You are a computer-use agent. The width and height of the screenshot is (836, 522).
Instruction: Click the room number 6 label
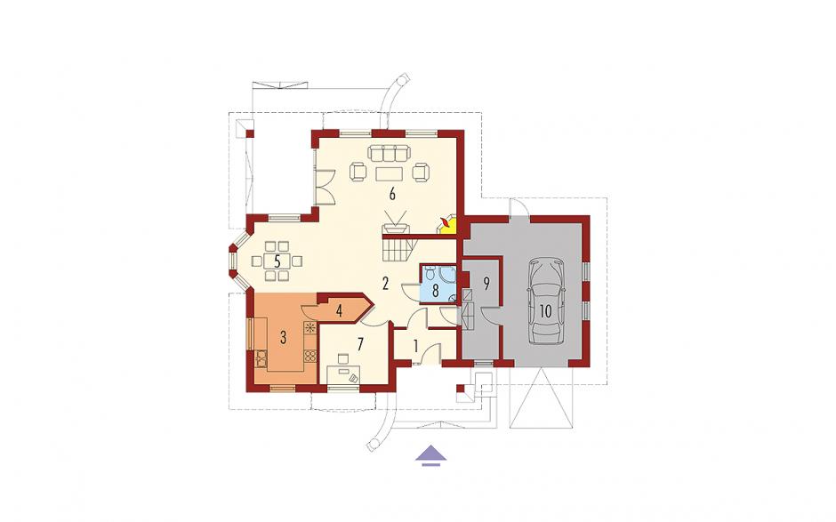pos(392,194)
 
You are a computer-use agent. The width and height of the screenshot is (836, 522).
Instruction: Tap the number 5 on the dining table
pos(277,261)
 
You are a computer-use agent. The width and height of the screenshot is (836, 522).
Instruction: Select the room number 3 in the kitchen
pos(284,337)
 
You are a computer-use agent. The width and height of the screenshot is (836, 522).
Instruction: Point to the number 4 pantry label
pos(339,311)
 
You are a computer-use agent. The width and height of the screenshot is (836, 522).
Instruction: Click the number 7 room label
pos(360,344)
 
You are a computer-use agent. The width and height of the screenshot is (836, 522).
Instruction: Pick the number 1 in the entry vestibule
pos(416,347)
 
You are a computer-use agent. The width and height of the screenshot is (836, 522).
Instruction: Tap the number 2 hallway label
pos(385,284)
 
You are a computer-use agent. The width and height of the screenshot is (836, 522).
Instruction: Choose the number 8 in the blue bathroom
pos(436,291)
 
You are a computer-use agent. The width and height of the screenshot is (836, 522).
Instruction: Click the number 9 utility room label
pos(486,284)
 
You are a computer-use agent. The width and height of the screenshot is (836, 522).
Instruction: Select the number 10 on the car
pos(545,311)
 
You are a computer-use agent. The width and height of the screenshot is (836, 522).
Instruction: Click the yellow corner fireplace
pos(446,226)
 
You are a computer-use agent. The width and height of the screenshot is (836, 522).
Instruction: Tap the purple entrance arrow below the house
pos(430,456)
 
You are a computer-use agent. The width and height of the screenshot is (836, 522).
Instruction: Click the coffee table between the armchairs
pos(389,174)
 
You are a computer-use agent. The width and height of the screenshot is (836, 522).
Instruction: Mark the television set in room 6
pos(395,224)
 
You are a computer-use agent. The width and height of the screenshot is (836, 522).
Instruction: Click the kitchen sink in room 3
pos(261,358)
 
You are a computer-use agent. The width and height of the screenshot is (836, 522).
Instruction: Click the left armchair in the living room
pos(358,173)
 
